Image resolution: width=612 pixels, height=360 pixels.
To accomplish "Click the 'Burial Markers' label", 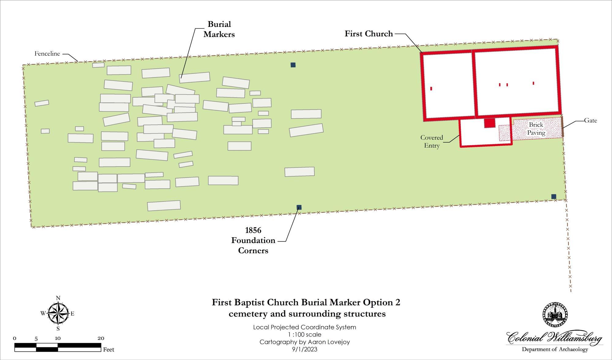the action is [x=219, y=29].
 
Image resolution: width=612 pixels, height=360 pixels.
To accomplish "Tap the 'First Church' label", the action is [x=369, y=34].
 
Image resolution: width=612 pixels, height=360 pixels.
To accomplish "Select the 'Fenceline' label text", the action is [x=47, y=54].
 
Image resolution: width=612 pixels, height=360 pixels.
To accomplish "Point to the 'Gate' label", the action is [x=590, y=121].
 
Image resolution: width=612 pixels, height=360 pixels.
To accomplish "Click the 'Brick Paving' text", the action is [x=536, y=129].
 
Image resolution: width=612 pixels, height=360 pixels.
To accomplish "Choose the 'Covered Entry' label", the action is [x=432, y=141].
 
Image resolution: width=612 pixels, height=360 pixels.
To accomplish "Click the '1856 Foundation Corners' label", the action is [x=253, y=240].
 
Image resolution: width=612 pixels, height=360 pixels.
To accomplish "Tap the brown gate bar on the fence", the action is [x=562, y=126].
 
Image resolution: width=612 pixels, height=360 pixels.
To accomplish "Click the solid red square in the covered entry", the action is [x=490, y=123].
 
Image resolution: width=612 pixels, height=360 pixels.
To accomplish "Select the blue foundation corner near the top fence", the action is [x=293, y=65].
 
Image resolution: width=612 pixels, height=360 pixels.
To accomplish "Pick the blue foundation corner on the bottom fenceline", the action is [x=299, y=207].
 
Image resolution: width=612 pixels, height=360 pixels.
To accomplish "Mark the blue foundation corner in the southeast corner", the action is [x=554, y=197].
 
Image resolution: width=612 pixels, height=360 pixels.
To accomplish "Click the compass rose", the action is [x=58, y=313].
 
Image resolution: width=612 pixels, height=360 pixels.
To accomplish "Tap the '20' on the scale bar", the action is [x=101, y=338].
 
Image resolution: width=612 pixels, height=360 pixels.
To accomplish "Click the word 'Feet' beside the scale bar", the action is [x=109, y=349].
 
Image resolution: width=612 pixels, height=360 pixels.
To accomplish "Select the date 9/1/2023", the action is [x=305, y=349].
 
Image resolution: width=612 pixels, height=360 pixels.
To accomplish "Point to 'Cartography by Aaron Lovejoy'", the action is [x=305, y=342].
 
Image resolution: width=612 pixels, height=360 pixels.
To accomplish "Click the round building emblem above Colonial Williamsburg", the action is [x=555, y=315].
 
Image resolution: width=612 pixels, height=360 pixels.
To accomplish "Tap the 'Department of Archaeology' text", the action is [x=555, y=349].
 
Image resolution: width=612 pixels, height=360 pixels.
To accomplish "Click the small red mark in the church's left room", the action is [x=431, y=88].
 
